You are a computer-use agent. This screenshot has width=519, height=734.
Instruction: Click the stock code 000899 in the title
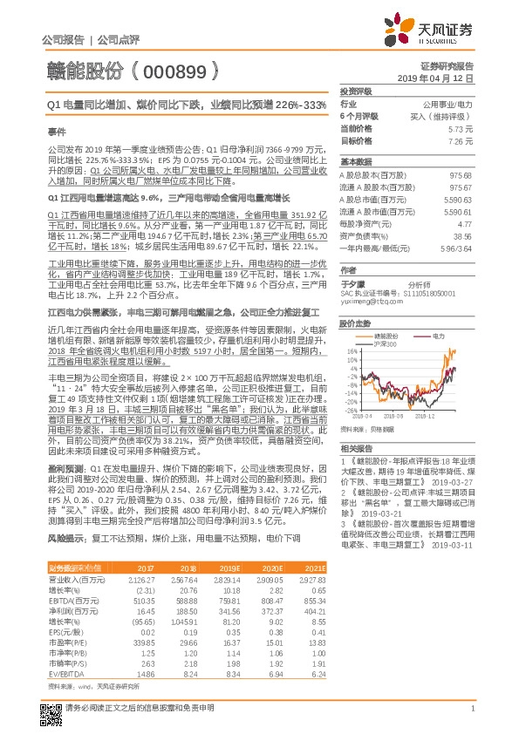[181, 68]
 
